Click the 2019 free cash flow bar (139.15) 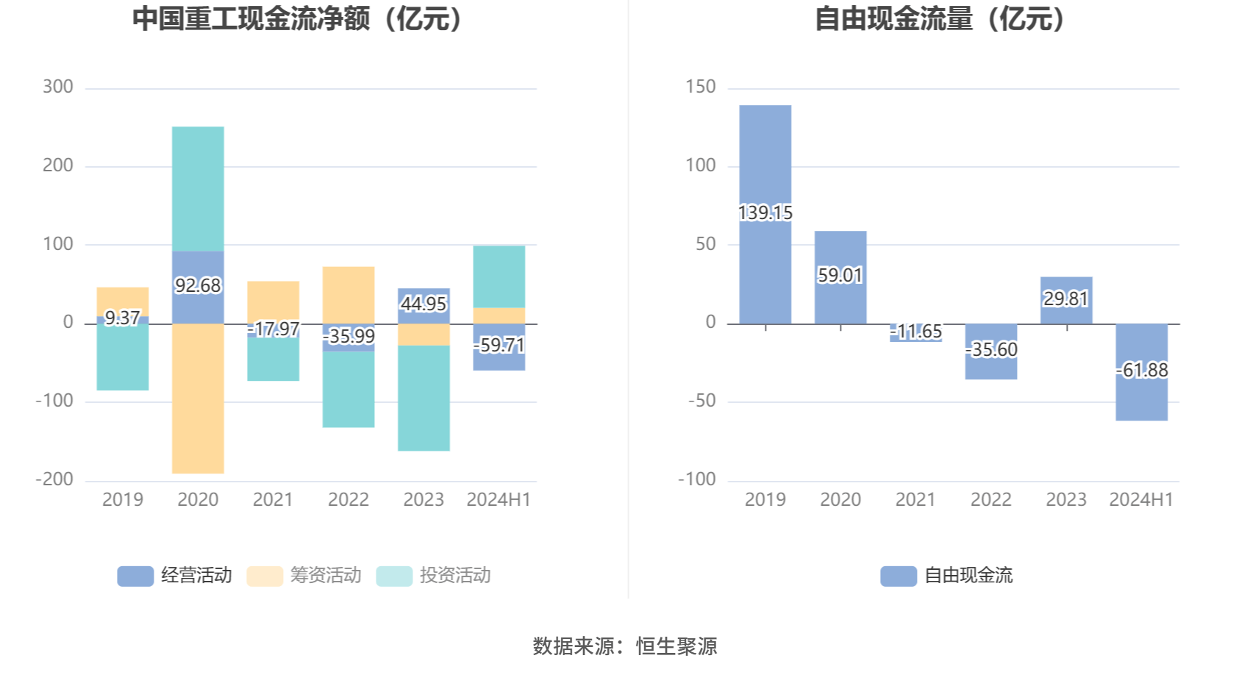click(x=765, y=162)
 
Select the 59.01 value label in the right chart click(x=840, y=276)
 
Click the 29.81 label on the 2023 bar click(x=1065, y=299)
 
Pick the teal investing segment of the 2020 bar click(x=198, y=189)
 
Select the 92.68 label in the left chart click(x=198, y=285)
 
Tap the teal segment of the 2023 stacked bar click(x=424, y=398)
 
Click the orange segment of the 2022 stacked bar click(x=348, y=294)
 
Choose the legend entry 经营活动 click(x=175, y=575)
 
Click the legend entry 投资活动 click(x=434, y=575)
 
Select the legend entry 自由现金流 click(x=947, y=575)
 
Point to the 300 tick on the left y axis click(x=58, y=87)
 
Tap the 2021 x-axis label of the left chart click(x=273, y=500)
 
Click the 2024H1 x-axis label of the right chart click(x=1141, y=500)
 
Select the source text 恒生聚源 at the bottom click(x=676, y=646)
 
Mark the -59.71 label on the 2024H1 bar click(x=499, y=345)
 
